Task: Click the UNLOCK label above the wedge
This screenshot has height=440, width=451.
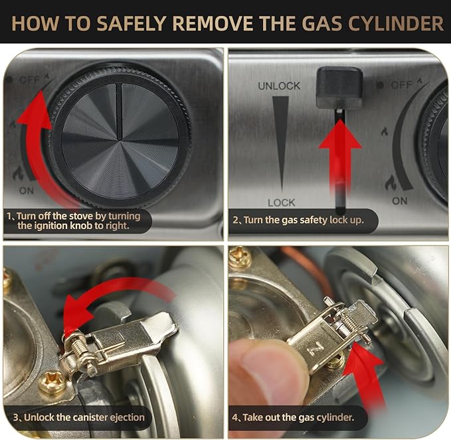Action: (279, 86)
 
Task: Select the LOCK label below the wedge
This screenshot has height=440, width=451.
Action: (282, 202)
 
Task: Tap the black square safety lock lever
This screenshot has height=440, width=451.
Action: (339, 87)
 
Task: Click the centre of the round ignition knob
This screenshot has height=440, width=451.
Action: (120, 140)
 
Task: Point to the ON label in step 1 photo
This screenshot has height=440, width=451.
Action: (27, 190)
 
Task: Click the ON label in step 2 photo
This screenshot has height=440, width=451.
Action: (400, 201)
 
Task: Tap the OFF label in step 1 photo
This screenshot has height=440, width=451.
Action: (30, 80)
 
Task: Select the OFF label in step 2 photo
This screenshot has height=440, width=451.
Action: (402, 85)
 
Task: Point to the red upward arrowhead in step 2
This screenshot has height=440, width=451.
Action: (340, 135)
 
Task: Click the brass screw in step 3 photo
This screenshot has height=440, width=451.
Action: (53, 382)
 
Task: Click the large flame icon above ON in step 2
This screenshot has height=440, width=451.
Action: (391, 183)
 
